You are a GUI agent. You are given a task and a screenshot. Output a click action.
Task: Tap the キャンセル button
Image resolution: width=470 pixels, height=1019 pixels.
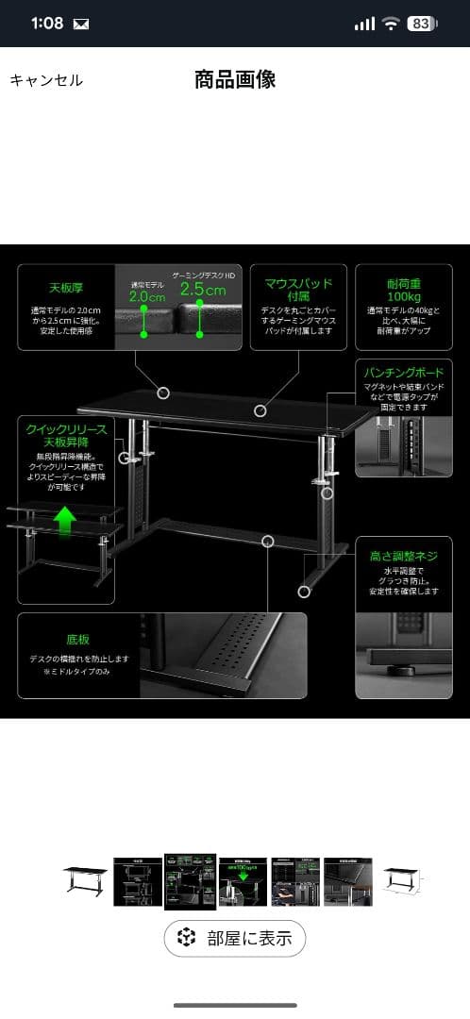(46, 80)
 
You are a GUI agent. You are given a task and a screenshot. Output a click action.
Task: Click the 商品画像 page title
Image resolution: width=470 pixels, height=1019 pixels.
(235, 79)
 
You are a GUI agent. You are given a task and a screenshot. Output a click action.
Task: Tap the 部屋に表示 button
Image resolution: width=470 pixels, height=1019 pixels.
(235, 938)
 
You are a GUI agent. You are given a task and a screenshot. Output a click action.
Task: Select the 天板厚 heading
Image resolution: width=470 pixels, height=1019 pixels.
(67, 288)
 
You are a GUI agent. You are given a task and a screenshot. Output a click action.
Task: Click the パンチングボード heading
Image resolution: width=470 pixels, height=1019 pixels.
(404, 373)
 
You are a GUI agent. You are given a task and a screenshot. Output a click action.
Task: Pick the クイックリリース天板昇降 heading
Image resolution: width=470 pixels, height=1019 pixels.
(66, 435)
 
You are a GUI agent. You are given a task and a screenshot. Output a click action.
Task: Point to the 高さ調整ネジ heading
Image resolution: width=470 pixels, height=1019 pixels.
(404, 557)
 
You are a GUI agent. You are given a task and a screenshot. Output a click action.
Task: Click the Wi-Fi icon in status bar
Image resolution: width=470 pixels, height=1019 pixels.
(391, 24)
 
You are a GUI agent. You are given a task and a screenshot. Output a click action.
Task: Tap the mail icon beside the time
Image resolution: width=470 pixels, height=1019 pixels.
(81, 25)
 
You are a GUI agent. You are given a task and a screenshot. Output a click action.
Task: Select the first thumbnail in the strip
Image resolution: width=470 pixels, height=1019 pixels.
(86, 880)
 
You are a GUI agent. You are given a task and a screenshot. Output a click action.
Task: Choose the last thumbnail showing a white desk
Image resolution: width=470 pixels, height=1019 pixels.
(403, 881)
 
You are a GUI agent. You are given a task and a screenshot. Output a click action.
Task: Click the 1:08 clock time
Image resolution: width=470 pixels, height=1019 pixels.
(44, 24)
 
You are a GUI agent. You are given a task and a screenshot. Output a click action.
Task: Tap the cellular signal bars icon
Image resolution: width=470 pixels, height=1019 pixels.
(364, 24)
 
